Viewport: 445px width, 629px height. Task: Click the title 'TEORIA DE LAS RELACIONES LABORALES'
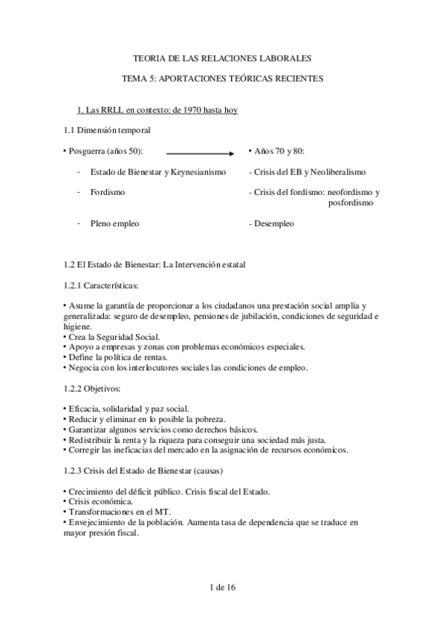(221, 56)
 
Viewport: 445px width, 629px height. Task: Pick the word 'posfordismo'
(351, 202)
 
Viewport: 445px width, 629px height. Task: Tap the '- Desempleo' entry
(271, 223)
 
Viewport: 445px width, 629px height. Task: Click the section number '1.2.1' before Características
(75, 284)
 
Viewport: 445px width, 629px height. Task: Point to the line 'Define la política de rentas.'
(117, 357)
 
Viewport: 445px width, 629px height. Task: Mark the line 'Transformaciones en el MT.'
(118, 512)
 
